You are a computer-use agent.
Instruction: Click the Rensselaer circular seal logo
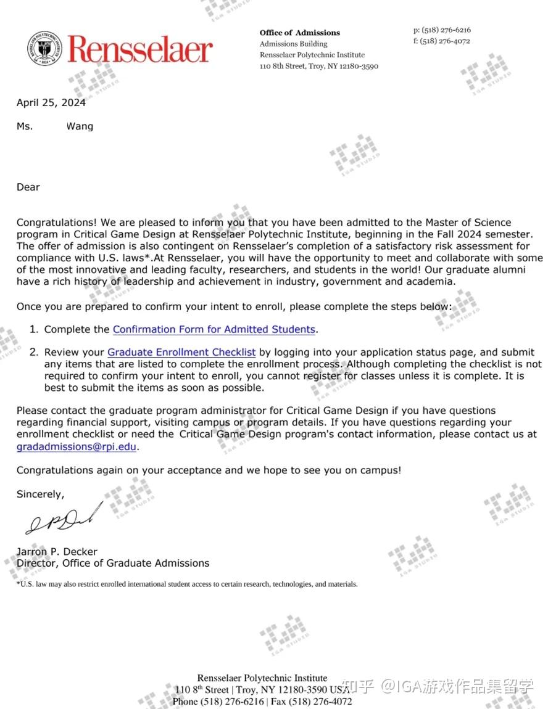(44, 49)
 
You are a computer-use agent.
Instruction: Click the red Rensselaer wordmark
(140, 49)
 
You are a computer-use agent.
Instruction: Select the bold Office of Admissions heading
(299, 33)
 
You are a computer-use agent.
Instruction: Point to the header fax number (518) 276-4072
(445, 41)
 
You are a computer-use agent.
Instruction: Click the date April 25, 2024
(51, 103)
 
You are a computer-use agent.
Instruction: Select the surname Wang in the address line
(80, 126)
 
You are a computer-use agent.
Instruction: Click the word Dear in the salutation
(28, 187)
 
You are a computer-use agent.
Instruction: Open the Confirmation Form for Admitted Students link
(214, 329)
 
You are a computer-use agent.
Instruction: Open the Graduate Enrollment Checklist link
(181, 353)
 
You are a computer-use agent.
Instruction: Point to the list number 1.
(33, 329)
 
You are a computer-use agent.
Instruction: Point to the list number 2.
(33, 353)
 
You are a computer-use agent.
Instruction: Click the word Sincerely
(40, 494)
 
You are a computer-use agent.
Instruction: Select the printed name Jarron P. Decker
(57, 552)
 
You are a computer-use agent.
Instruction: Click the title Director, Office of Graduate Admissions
(113, 563)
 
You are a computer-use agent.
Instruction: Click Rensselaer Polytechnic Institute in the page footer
(262, 678)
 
